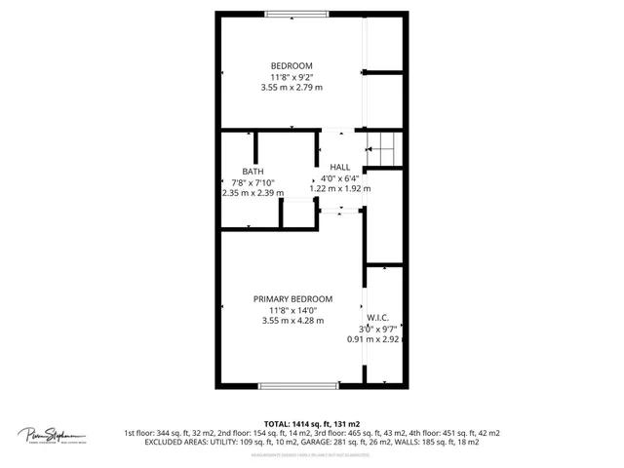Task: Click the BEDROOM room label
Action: point(292,65)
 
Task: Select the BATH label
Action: point(253,172)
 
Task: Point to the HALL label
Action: point(339,167)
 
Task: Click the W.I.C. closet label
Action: point(379,318)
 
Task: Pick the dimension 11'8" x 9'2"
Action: point(292,76)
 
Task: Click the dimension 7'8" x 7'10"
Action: point(253,182)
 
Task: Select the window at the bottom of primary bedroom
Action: point(299,386)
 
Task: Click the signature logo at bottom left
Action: point(52,434)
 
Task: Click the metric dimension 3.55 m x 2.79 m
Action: point(292,87)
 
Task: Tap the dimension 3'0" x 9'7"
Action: point(379,329)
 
